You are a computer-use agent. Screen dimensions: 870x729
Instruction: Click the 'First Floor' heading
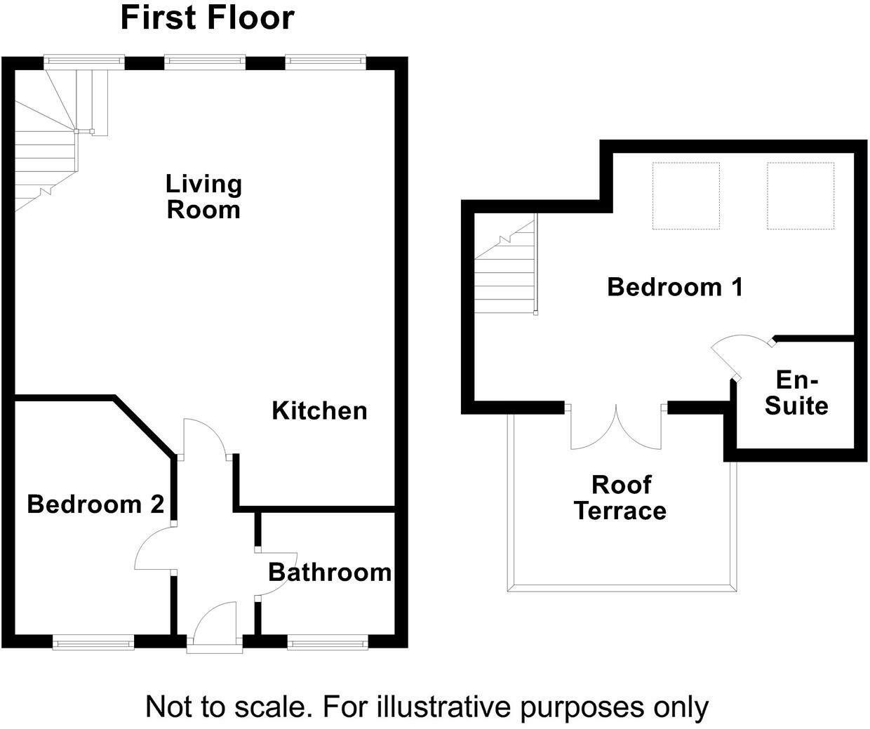207,18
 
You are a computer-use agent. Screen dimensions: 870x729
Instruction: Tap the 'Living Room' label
203,196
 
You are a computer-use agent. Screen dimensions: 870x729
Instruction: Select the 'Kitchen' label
319,410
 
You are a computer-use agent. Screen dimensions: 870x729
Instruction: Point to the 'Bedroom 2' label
95,504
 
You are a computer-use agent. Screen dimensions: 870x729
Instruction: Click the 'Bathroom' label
330,573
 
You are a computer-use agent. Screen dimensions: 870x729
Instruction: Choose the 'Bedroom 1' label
674,287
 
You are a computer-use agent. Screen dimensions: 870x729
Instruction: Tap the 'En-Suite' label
796,393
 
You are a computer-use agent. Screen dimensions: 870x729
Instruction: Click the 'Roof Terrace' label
620,497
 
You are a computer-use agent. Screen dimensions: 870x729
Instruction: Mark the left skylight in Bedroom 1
685,196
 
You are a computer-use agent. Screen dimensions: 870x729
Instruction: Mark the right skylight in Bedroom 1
801,196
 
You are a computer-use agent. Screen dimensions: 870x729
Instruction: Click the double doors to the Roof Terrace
616,428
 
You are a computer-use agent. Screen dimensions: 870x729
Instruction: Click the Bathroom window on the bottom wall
327,641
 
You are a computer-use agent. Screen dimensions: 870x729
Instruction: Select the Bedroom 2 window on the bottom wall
93,641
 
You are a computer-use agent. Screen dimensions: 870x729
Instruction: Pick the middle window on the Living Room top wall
205,63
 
